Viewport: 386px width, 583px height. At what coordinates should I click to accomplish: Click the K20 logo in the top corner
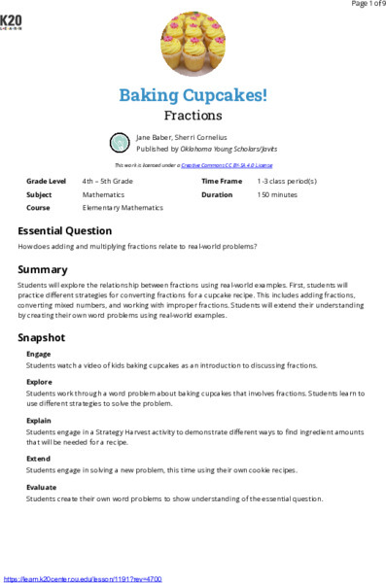(x=12, y=22)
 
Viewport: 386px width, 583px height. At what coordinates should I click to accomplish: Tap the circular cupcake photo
(x=192, y=44)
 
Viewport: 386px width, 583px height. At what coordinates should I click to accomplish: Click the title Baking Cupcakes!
(x=193, y=94)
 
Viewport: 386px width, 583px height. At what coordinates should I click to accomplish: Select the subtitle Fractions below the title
(x=193, y=115)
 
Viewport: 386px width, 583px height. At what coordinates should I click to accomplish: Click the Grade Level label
(x=46, y=182)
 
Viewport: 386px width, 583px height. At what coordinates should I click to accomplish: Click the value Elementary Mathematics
(x=123, y=208)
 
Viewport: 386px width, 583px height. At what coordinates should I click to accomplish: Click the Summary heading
(x=42, y=268)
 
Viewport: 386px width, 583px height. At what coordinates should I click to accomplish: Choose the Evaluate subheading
(x=43, y=486)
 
